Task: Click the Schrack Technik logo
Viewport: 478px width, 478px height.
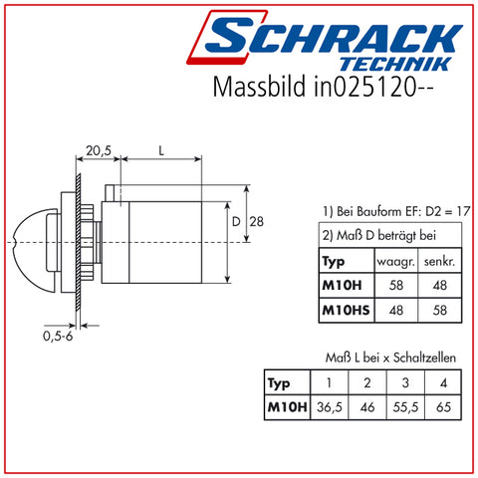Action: tap(325, 41)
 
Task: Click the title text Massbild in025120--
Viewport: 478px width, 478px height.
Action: tap(323, 87)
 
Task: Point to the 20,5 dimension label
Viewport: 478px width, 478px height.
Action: tap(99, 150)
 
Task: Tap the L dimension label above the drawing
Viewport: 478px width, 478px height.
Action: tap(161, 151)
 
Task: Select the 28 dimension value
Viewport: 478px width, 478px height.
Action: tap(257, 222)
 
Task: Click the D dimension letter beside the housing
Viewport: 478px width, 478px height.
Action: tap(236, 222)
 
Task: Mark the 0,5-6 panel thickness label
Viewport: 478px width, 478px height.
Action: tap(58, 337)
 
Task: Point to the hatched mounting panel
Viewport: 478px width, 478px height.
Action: tap(79, 242)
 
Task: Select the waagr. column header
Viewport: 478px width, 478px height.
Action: tap(396, 262)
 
